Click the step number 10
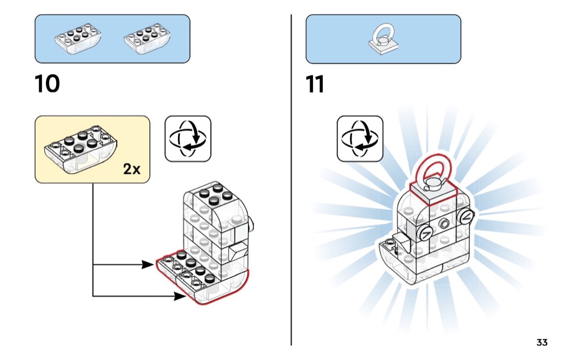coord(47,85)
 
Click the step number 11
coord(315,85)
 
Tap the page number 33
coord(542,342)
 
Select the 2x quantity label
coord(132,170)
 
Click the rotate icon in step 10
coord(188,138)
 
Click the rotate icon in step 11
coord(360,138)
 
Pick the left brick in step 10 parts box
coord(78,40)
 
